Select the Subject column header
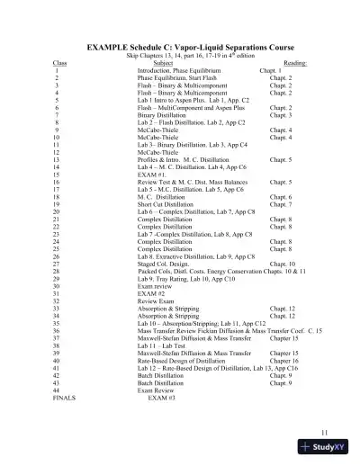coord(163,63)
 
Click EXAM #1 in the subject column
coord(151,175)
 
